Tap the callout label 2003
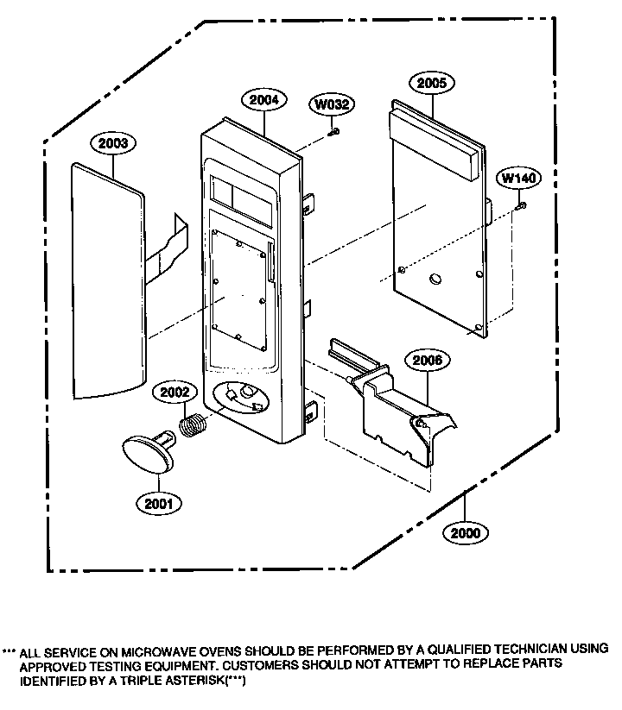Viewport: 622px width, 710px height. pos(113,143)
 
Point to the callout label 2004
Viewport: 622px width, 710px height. pos(264,100)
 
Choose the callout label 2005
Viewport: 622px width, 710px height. pos(432,84)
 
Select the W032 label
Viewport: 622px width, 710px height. pos(332,105)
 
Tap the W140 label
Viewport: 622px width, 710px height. pos(520,179)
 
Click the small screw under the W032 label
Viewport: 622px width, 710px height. pos(333,131)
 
